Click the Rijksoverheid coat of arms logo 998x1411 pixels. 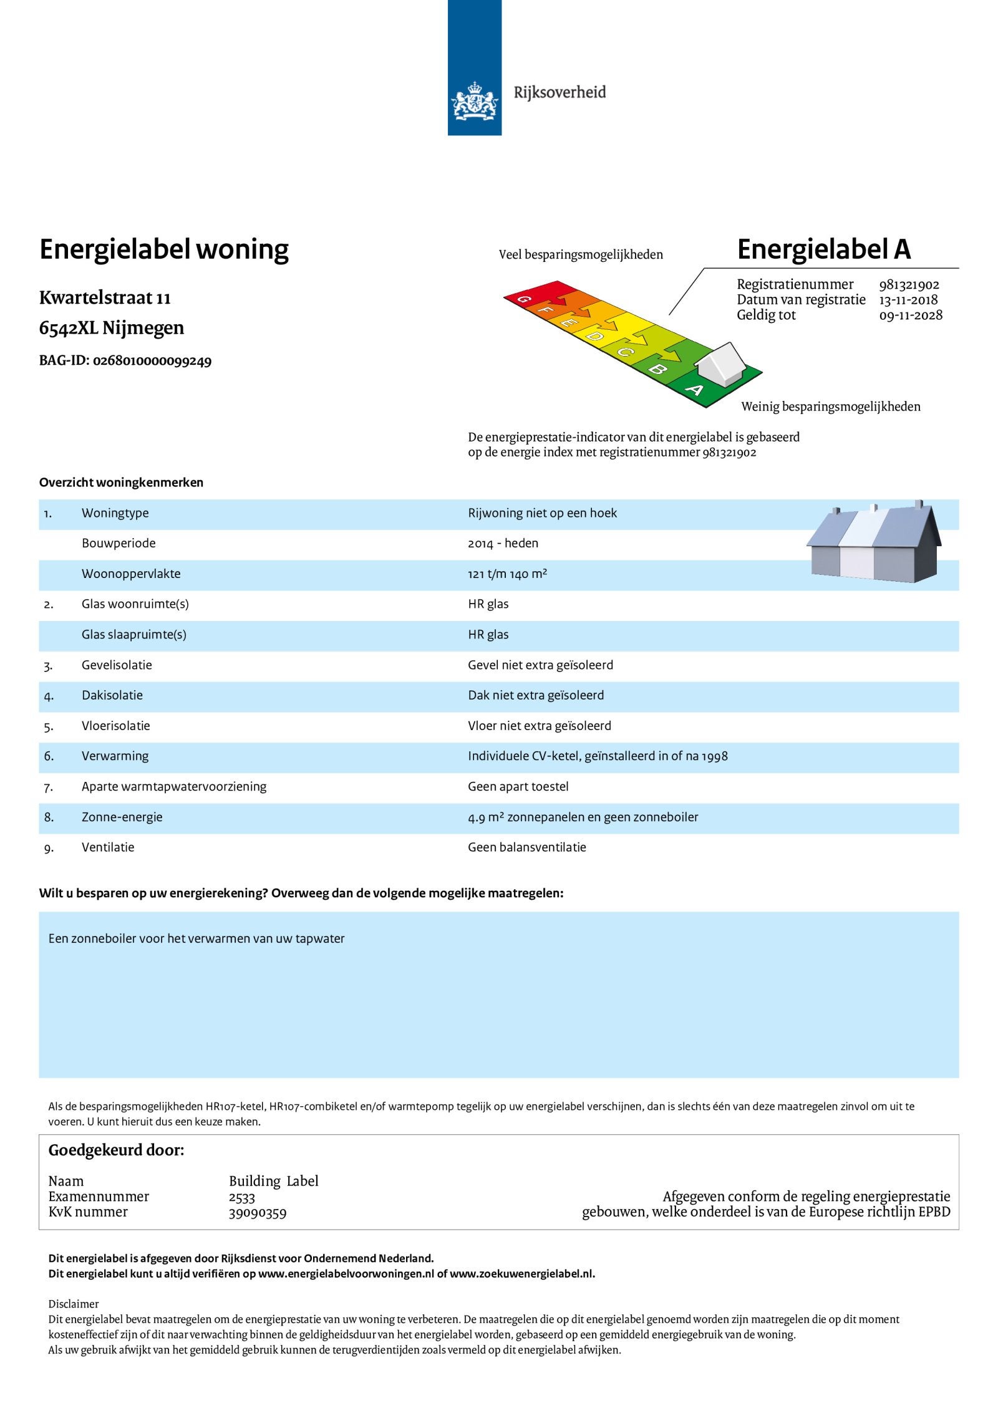[475, 101]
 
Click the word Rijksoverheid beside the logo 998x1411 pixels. [560, 93]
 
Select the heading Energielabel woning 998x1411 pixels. [163, 250]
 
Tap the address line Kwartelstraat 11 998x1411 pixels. [105, 298]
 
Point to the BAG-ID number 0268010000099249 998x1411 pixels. [152, 361]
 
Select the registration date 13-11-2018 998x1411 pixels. [908, 300]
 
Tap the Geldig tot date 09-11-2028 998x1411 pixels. [911, 315]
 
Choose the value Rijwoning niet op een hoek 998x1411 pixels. [542, 513]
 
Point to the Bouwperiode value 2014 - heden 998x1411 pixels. [503, 544]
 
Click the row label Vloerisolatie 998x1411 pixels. [115, 726]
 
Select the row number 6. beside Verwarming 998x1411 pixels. [49, 756]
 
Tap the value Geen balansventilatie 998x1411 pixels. [527, 847]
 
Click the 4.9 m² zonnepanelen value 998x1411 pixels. [583, 817]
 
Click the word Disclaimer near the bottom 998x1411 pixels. [74, 1304]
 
